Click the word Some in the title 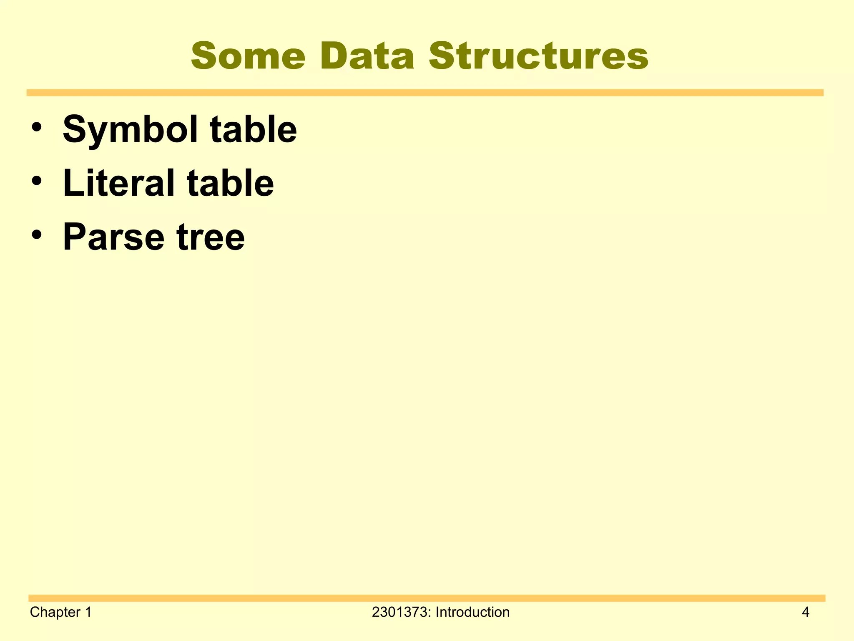click(248, 56)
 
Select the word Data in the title click(367, 56)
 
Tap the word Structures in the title click(538, 56)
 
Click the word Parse click(113, 237)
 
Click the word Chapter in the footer click(55, 612)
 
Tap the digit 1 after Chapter click(88, 612)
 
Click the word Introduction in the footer click(472, 612)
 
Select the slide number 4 click(805, 612)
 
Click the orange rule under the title click(424, 93)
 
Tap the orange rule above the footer click(426, 598)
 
